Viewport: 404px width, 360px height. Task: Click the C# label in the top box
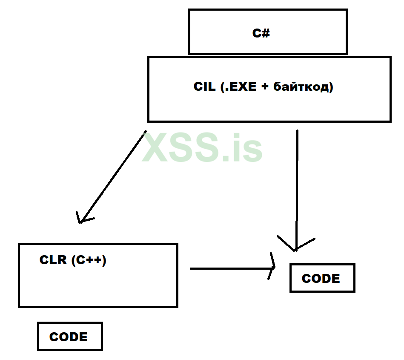[x=261, y=33]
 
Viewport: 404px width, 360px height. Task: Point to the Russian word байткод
[x=300, y=87]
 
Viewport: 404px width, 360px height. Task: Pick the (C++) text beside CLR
[x=89, y=259]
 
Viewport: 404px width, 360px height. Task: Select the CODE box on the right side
[x=322, y=278]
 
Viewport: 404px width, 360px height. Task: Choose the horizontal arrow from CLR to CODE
[x=230, y=268]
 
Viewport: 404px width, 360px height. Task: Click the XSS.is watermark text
[x=202, y=147]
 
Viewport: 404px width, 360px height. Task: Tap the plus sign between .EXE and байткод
[x=265, y=87]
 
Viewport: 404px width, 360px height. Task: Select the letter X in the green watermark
[x=156, y=147]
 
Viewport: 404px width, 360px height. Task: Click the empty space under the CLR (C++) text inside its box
[x=98, y=285]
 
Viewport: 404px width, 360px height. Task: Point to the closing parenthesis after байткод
[x=331, y=87]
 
